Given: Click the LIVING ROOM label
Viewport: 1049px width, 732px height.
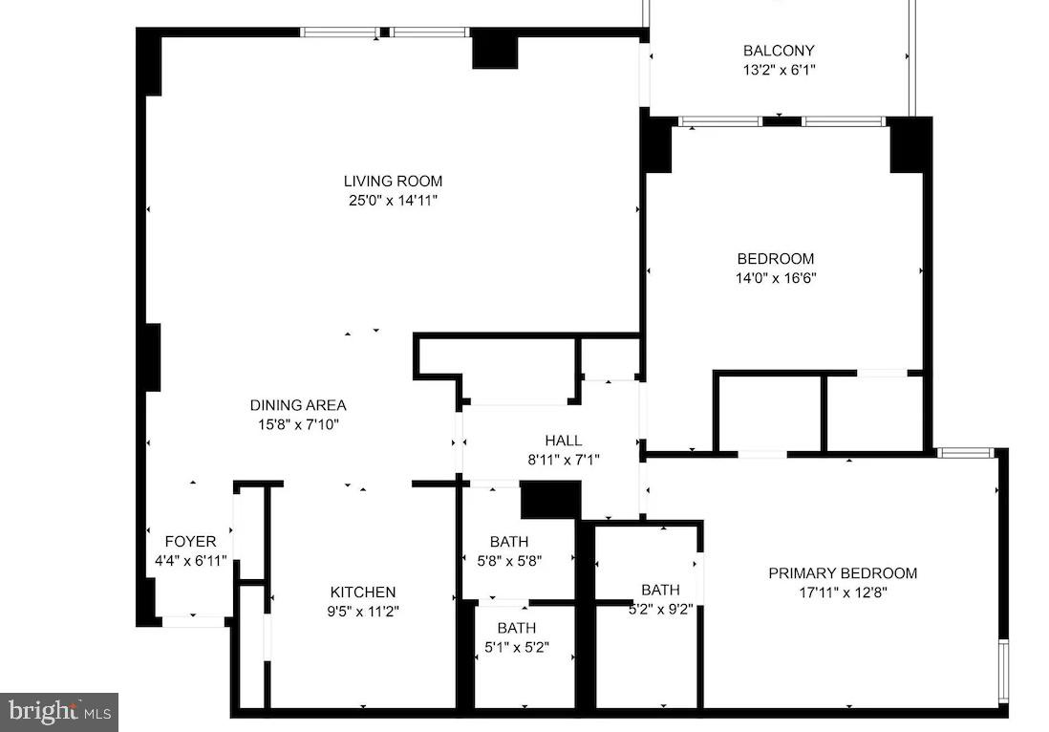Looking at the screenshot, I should coord(393,181).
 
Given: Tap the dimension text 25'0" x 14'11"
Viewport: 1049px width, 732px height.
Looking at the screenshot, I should coord(393,201).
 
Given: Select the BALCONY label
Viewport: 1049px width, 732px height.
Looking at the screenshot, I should coord(779,51).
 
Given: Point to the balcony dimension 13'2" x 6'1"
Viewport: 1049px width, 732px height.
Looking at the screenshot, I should coord(779,70).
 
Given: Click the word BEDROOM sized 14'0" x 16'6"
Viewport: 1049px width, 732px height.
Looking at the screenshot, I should coord(775,258).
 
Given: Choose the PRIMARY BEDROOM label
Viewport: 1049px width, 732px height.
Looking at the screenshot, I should coord(843,573).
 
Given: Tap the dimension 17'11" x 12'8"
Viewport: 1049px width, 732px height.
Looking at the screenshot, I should coord(843,592).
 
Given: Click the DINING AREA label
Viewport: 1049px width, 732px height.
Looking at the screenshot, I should coord(298,405).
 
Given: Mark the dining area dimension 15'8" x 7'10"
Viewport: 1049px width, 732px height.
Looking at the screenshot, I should coord(298,424).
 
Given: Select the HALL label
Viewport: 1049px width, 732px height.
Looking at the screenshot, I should coord(563,441).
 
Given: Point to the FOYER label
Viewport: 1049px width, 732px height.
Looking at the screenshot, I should coord(190,542).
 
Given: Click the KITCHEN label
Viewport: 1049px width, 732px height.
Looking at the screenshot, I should coord(363,592).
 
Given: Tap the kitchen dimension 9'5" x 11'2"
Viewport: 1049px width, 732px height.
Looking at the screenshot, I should coord(363,612).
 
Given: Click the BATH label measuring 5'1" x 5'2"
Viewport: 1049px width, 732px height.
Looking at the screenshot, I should coord(516,628).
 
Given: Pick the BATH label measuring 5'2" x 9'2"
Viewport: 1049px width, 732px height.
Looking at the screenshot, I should coord(660,590).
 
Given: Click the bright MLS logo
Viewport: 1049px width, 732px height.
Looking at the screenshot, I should coord(58,711).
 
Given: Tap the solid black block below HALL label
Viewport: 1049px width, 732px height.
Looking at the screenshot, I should coord(550,500).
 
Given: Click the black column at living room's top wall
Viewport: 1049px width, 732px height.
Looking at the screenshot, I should coord(494,50).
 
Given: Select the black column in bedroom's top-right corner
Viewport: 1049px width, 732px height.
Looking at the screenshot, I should coord(910,145).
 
